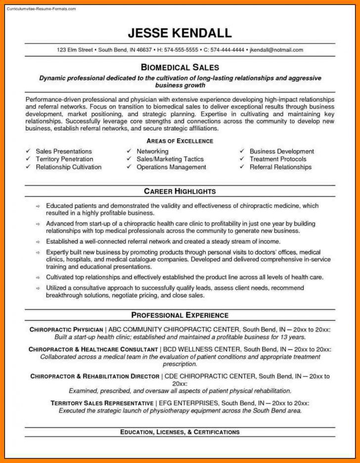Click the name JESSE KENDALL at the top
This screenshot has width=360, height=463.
tap(180, 33)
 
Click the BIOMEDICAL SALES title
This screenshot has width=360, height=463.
tap(180, 67)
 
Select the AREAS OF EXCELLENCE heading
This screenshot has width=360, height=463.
tap(180, 141)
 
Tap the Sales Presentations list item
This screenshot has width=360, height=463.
tap(64, 151)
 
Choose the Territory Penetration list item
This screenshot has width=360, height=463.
tap(64, 159)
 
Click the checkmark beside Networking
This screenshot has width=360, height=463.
tap(129, 151)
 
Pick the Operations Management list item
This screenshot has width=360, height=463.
tap(171, 167)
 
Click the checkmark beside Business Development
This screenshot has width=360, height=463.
tap(242, 151)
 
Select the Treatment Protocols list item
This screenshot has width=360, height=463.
tap(278, 159)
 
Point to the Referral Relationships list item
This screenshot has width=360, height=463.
tap(280, 167)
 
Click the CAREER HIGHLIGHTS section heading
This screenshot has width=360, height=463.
tap(180, 191)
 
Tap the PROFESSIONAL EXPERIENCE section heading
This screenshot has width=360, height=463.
tap(180, 315)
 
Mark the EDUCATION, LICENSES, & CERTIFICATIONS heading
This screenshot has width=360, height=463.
tap(180, 432)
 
